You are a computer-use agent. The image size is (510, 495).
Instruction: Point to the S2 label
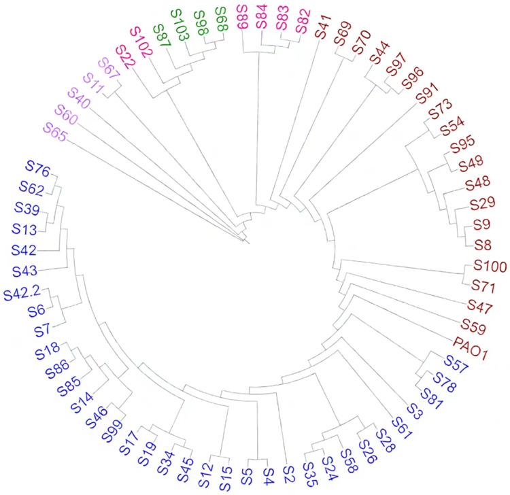pyautogui.click(x=288, y=468)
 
